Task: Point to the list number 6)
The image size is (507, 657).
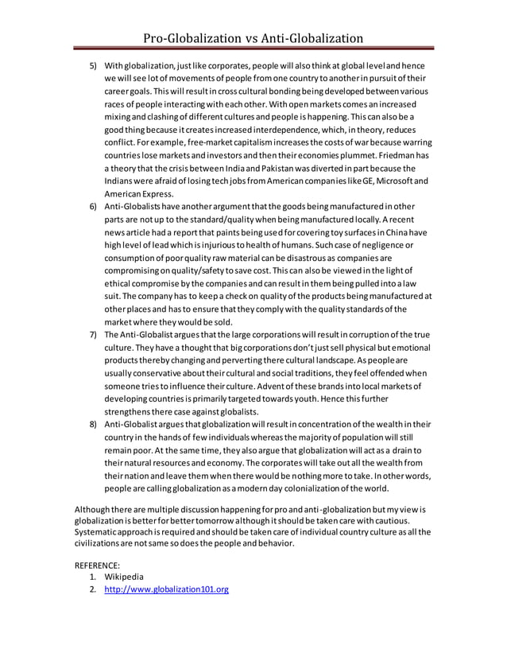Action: [91, 207]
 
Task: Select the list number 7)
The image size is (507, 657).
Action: [91, 335]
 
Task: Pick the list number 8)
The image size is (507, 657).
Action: [91, 425]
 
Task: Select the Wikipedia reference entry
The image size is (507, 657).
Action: [127, 576]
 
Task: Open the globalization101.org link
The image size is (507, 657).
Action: [167, 589]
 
